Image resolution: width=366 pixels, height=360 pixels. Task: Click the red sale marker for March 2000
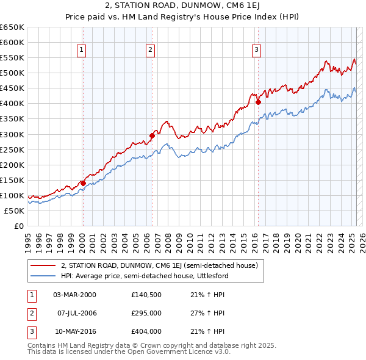pyautogui.click(x=83, y=182)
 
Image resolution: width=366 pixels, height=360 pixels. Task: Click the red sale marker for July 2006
pyautogui.click(x=151, y=135)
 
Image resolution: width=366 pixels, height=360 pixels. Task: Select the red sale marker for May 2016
pyautogui.click(x=258, y=102)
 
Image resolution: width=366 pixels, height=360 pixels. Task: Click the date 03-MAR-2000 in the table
pyautogui.click(x=75, y=294)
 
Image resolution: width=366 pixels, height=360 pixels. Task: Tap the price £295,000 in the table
pyautogui.click(x=146, y=313)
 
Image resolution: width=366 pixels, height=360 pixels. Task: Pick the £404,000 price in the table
pyautogui.click(x=146, y=332)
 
